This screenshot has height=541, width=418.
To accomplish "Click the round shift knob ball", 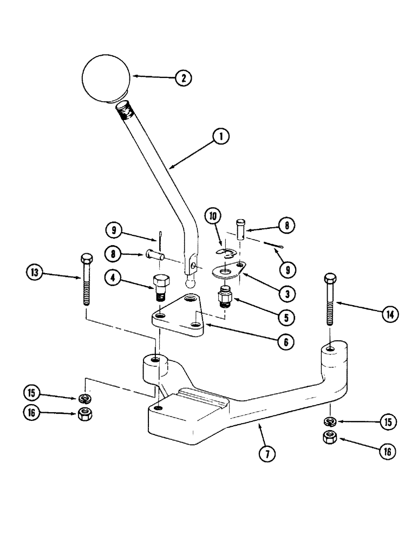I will (x=106, y=79).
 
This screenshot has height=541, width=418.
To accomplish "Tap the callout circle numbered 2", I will (x=183, y=78).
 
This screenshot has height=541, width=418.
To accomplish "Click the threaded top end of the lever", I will (x=125, y=111).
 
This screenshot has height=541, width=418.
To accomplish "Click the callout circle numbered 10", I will (x=212, y=218).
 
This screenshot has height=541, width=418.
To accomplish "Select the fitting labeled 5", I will (x=224, y=298).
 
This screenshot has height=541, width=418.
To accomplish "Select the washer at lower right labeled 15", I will (x=330, y=421).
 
